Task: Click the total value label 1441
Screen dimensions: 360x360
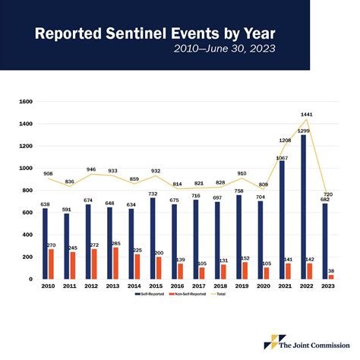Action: pyautogui.click(x=307, y=115)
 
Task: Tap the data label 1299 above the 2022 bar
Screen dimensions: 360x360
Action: pyautogui.click(x=304, y=131)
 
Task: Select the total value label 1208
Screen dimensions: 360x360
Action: pyautogui.click(x=284, y=141)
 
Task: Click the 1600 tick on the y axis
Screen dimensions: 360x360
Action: pyautogui.click(x=25, y=102)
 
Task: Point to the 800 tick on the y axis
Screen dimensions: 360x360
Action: pyautogui.click(x=27, y=191)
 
